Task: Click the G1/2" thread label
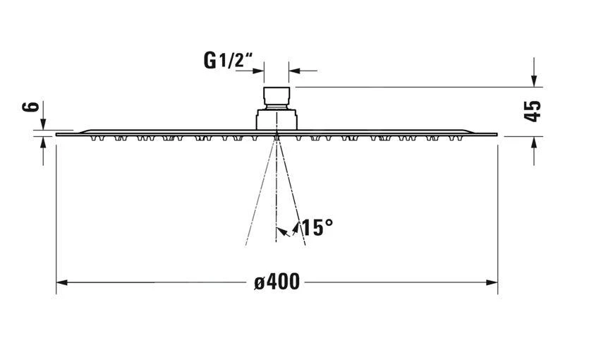click(229, 61)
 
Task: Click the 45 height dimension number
click(533, 112)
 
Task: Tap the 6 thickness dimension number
click(30, 107)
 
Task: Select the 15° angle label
click(317, 228)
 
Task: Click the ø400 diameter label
click(277, 282)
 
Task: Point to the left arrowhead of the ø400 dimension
click(61, 282)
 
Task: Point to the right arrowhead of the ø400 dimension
click(492, 282)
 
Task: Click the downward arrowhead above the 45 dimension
click(534, 81)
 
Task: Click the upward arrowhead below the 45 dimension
click(534, 142)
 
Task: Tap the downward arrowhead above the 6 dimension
click(43, 124)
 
